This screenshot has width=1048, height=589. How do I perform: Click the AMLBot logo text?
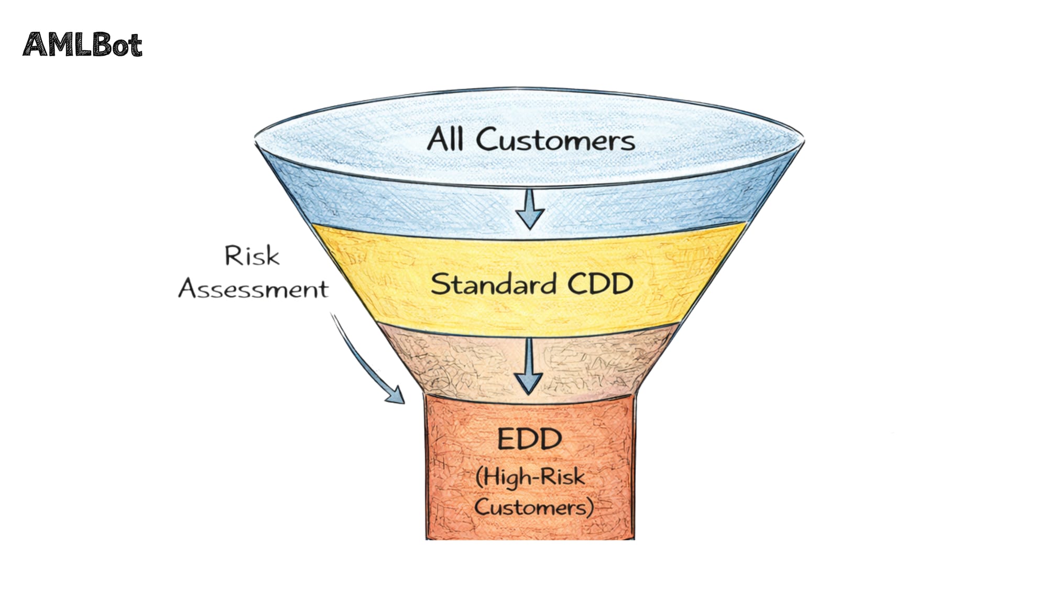tap(82, 45)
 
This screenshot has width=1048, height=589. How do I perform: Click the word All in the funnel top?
tap(445, 139)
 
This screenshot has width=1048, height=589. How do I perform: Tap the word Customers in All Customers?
tap(555, 140)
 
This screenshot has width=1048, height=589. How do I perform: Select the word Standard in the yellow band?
tap(493, 284)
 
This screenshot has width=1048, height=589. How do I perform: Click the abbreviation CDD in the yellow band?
tap(600, 284)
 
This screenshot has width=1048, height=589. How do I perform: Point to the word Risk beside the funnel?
tap(252, 256)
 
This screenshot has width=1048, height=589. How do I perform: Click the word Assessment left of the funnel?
tap(254, 289)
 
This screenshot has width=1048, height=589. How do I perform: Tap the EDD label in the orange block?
tap(529, 439)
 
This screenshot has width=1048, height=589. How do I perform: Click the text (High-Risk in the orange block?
tap(530, 477)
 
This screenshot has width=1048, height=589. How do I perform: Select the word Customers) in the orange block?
tap(533, 507)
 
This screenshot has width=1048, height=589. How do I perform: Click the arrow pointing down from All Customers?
tap(530, 208)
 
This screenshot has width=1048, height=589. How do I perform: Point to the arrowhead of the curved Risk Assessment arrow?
tap(397, 396)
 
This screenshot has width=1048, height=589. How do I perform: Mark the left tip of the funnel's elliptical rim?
tap(256, 138)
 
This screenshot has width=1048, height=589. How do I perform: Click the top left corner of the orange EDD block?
tap(425, 396)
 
